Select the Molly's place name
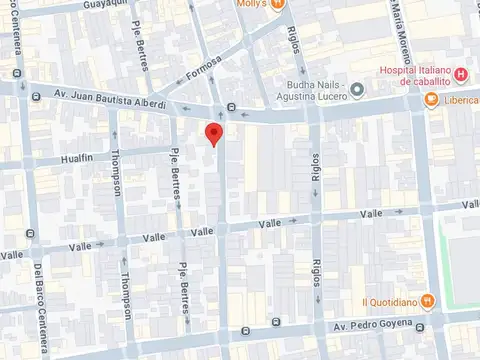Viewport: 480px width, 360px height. pos(250,4)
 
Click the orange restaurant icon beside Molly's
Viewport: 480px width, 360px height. pos(278,4)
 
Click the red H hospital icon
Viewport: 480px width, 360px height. pos(460,74)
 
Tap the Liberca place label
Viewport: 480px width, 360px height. pos(460,101)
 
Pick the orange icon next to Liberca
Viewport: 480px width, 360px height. pos(430,100)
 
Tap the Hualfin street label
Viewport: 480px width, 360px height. pos(75,157)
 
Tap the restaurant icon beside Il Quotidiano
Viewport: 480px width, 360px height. pos(428,300)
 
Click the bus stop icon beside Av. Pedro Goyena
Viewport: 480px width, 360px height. pos(277,324)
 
